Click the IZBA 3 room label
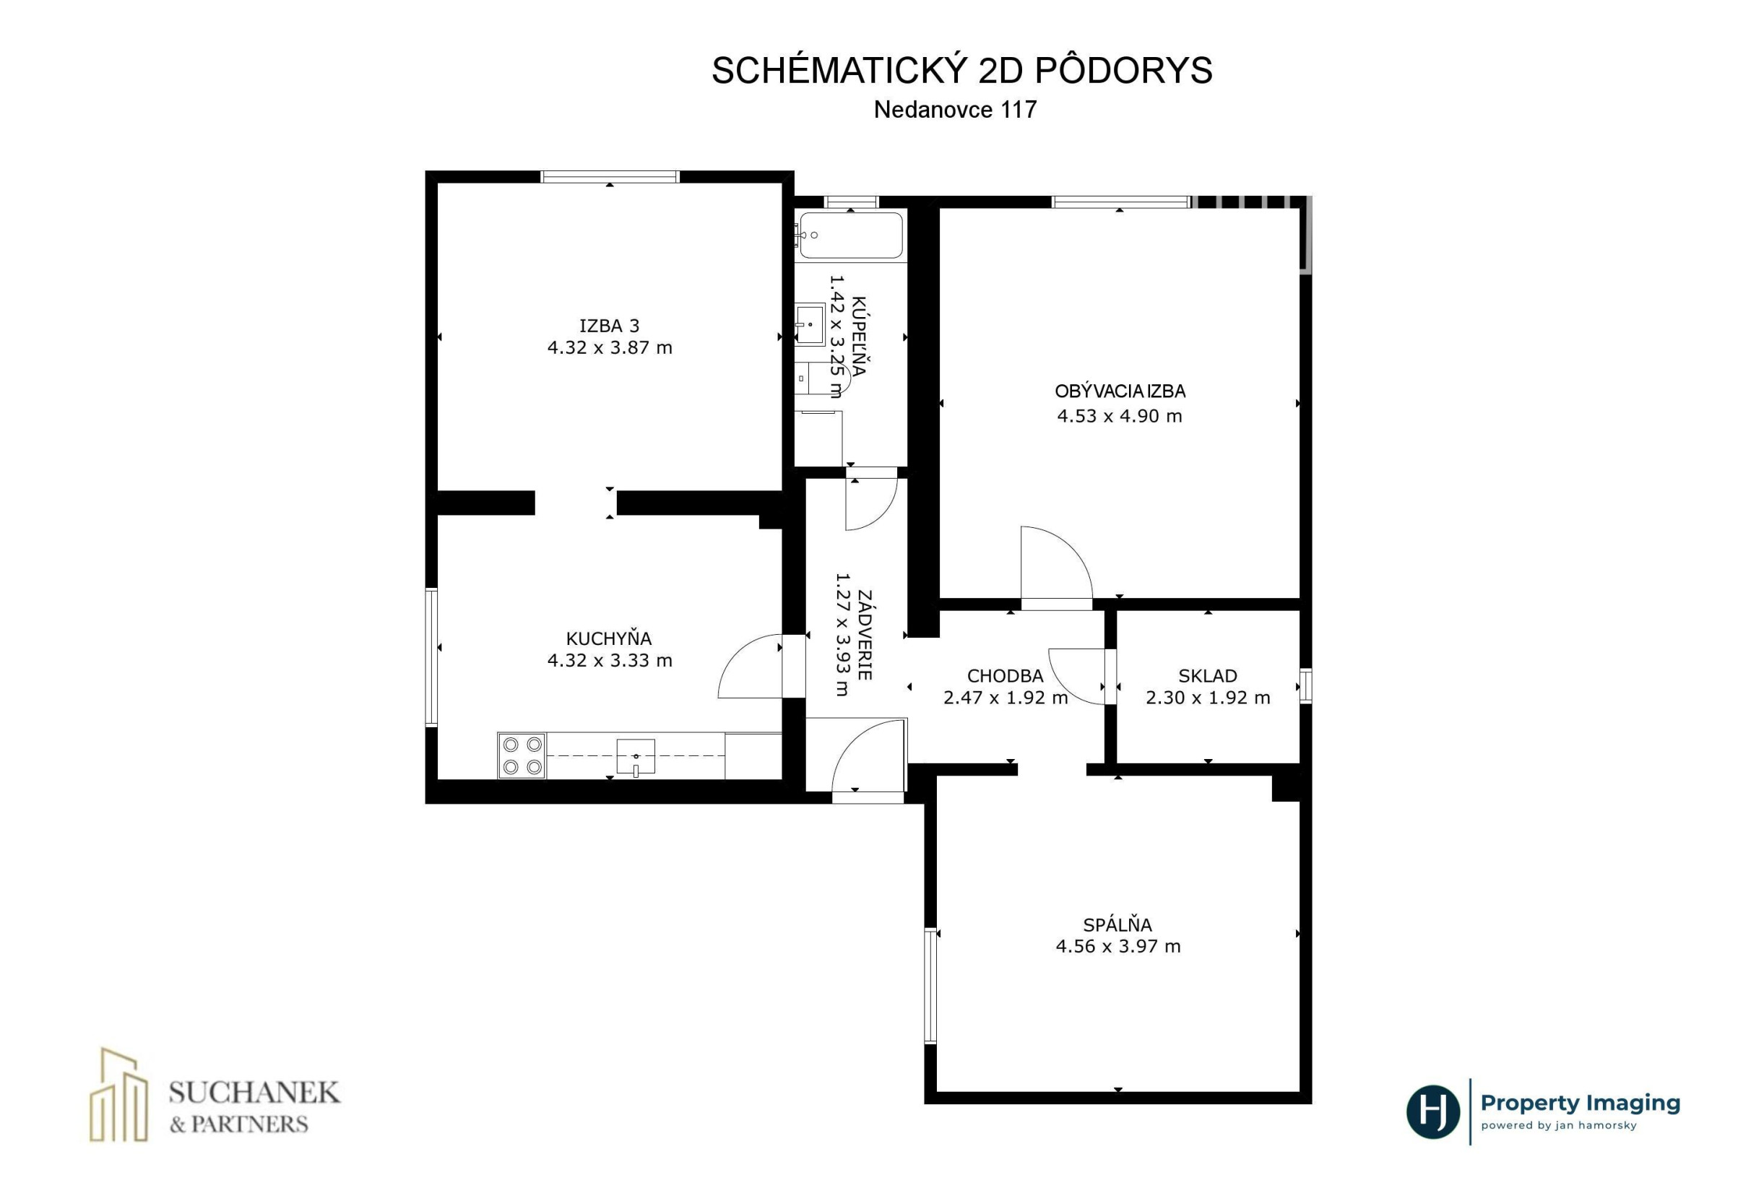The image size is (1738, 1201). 609,326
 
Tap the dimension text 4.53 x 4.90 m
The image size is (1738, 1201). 1119,416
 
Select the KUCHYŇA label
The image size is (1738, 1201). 608,638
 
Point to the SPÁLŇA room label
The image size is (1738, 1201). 1117,924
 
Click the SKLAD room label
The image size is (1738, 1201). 1207,676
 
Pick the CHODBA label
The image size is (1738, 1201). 1005,676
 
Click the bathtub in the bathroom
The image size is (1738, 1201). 850,236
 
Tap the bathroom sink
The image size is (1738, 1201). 810,324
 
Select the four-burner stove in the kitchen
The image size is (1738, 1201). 522,755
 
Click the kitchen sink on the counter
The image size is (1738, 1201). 635,756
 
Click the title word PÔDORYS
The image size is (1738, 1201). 1123,71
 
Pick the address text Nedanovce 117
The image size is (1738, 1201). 954,110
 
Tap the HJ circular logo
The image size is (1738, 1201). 1432,1112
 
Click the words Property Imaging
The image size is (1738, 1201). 1580,1104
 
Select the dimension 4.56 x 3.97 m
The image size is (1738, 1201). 1117,946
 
